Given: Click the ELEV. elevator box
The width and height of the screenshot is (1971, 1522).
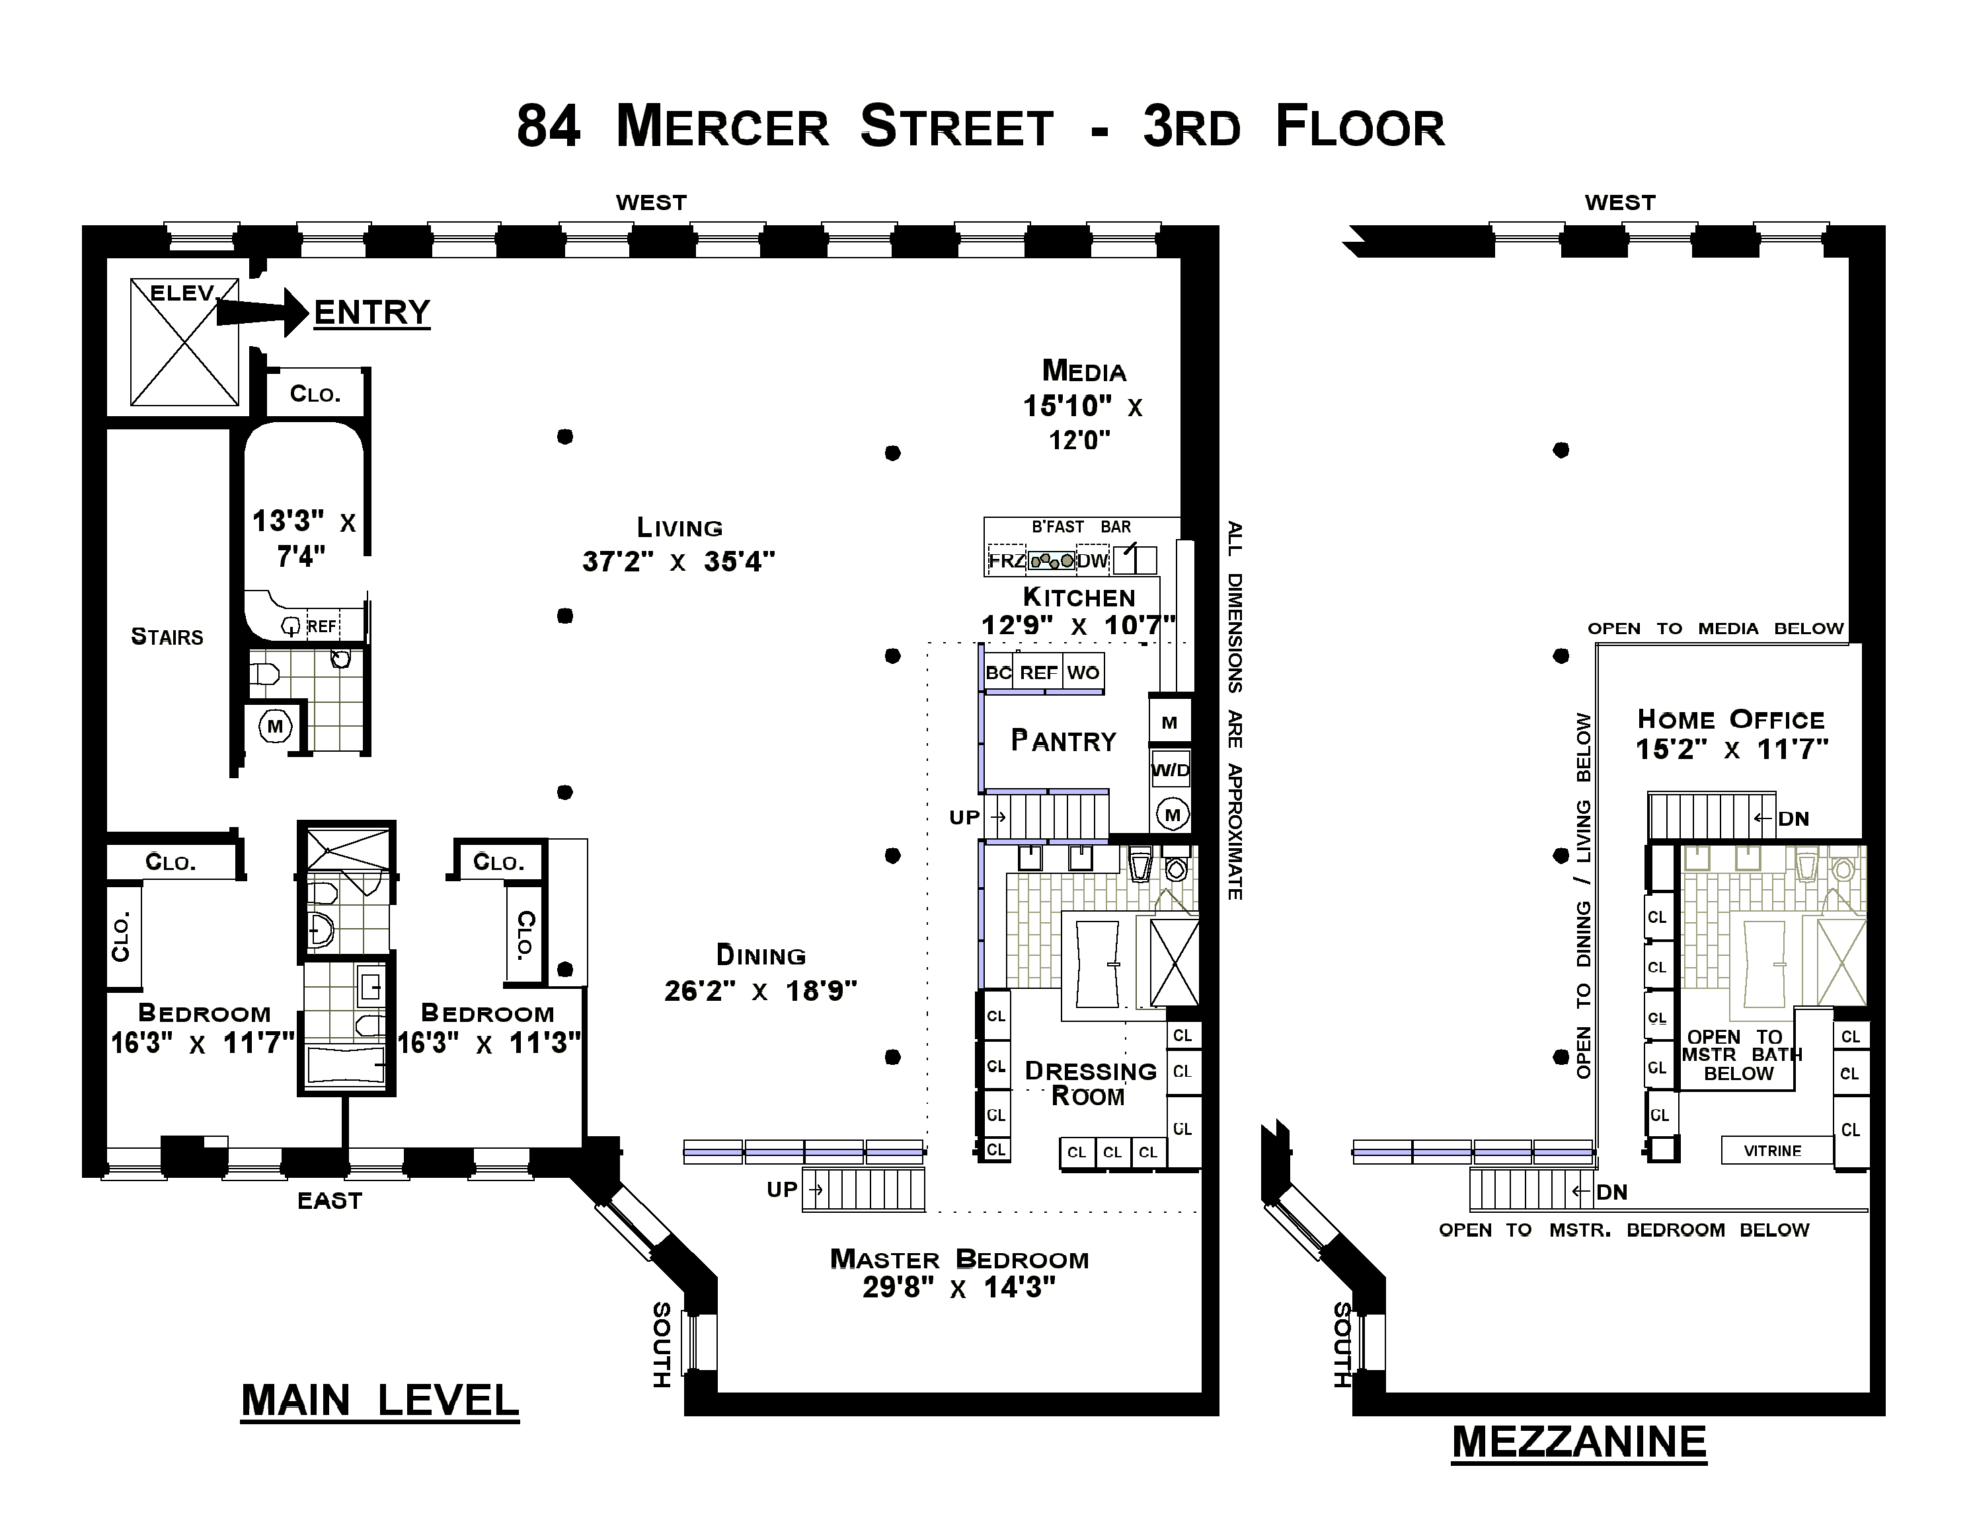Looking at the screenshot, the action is pos(185,342).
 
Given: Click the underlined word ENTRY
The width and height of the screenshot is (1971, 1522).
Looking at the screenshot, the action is pos(372,313).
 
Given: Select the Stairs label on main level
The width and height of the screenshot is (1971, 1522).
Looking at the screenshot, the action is pos(167,637).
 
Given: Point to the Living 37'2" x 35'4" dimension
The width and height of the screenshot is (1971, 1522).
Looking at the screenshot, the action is pos(679,561).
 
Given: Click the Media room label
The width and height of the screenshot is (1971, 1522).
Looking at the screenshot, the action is pos(1084,371).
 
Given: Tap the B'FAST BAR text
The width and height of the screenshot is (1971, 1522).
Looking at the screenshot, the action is pos(1081,527).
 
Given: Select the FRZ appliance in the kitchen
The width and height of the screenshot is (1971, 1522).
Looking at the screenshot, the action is pos(1006,560).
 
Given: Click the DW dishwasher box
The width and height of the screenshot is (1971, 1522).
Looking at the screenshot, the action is pos(1092,560).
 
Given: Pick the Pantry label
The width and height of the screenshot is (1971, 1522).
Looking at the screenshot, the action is pos(1064,741).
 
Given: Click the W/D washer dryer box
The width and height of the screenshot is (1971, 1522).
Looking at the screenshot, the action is pos(1171,770).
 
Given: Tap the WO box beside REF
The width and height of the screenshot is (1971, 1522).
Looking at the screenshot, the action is pos(1083,672).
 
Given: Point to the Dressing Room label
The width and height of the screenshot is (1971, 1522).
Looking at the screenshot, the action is pos(1090,1083).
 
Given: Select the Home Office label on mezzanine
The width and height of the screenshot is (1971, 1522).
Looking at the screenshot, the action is pos(1731,719).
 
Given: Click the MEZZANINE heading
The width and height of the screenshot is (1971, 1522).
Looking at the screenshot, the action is pos(1579,1441).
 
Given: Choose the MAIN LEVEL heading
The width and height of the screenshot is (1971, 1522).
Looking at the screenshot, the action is pos(380,1401).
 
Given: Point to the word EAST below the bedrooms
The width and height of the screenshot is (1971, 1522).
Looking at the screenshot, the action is pos(329,1201).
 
